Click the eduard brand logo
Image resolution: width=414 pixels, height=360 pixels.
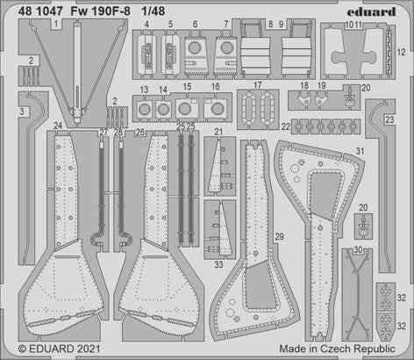pyautogui.click(x=378, y=11)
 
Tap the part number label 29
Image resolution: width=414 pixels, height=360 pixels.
pyautogui.click(x=279, y=237)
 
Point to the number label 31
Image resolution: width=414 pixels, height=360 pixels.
pyautogui.click(x=383, y=151)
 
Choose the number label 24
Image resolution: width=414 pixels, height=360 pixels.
pyautogui.click(x=57, y=126)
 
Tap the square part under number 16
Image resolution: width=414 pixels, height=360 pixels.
pyautogui.click(x=214, y=108)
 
